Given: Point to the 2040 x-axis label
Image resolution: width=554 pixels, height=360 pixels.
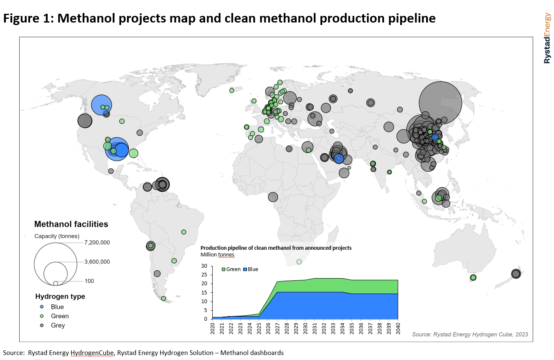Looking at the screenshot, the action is pyautogui.click(x=398, y=328).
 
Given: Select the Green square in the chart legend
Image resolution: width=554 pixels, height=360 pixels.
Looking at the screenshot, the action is pyautogui.click(x=224, y=269).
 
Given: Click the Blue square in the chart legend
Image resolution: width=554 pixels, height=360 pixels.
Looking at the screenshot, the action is pyautogui.click(x=245, y=269).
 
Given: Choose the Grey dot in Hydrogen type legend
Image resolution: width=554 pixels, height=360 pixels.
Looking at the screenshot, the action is pyautogui.click(x=42, y=325).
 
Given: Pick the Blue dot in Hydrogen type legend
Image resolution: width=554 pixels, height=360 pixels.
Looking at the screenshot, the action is pyautogui.click(x=42, y=307).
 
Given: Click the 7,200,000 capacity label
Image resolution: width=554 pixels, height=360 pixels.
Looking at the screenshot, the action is pyautogui.click(x=97, y=243).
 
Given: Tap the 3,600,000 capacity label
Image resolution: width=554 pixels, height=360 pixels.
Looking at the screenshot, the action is pyautogui.click(x=97, y=262).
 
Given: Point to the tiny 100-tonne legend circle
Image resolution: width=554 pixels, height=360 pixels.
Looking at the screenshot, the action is pyautogui.click(x=56, y=283).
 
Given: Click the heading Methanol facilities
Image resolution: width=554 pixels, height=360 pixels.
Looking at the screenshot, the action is pyautogui.click(x=71, y=224).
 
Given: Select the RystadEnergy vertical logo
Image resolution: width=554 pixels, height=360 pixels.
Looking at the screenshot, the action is pyautogui.click(x=547, y=38).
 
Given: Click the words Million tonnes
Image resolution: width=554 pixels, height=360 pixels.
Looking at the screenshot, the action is pyautogui.click(x=217, y=255).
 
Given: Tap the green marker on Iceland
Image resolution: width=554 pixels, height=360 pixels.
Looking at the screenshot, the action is pyautogui.click(x=232, y=91).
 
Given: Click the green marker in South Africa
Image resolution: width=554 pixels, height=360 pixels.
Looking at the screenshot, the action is pyautogui.click(x=299, y=261).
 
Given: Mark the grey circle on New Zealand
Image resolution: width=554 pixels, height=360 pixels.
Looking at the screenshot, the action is pyautogui.click(x=516, y=274).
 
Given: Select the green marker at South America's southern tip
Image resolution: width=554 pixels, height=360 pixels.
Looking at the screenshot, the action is pyautogui.click(x=163, y=299).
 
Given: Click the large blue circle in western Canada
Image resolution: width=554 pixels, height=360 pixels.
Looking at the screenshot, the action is pyautogui.click(x=102, y=105).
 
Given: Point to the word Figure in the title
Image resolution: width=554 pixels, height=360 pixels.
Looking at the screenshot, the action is pyautogui.click(x=21, y=19).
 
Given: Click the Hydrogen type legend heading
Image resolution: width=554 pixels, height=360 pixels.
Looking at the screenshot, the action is pyautogui.click(x=60, y=297).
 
